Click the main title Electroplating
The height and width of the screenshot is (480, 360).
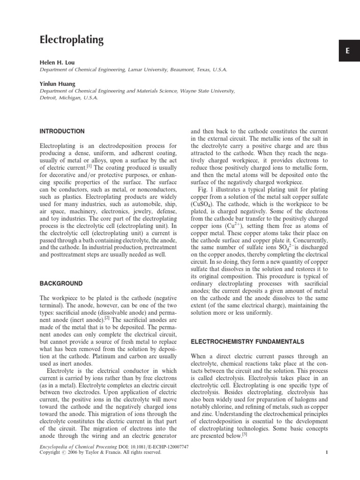pyautogui.click(x=72, y=40)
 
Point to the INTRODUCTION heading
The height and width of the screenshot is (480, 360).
pyautogui.click(x=62, y=131)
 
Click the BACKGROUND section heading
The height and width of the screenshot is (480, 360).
pyautogui.click(x=61, y=284)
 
